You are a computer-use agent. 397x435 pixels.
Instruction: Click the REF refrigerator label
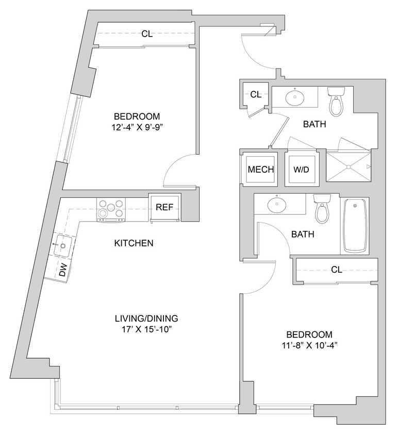164,207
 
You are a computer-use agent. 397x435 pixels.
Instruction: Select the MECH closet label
260,170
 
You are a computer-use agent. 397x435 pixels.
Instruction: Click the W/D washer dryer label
302,170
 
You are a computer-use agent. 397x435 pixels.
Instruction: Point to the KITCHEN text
134,243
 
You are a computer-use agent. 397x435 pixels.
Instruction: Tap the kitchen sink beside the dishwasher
63,245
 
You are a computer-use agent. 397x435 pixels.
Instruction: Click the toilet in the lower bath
322,209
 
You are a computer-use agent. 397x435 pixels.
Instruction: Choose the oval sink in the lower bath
276,205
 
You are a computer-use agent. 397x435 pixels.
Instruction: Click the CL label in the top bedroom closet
147,34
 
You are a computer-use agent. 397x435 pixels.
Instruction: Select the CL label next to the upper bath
256,94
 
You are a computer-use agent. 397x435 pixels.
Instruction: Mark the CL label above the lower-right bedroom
337,270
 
